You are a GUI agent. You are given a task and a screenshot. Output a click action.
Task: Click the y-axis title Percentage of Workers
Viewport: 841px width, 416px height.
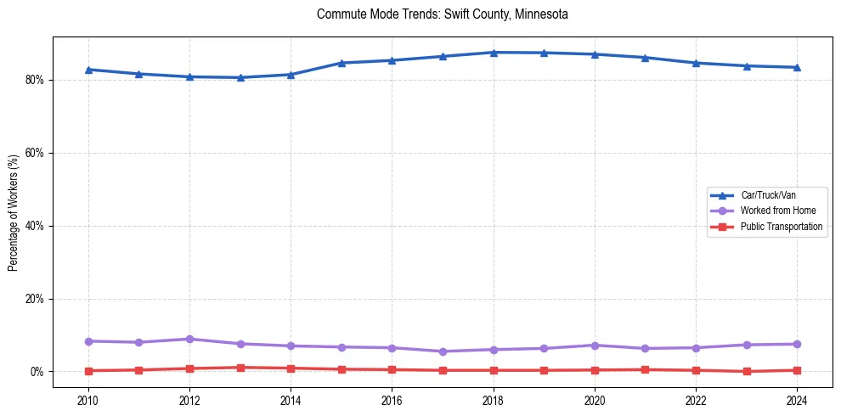pos(14,213)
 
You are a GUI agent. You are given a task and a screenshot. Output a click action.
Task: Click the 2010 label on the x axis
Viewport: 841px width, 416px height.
pos(88,400)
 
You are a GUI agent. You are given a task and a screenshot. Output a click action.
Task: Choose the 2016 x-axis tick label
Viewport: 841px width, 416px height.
pos(392,400)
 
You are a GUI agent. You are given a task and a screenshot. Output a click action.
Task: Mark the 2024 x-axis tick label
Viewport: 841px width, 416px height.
pos(797,400)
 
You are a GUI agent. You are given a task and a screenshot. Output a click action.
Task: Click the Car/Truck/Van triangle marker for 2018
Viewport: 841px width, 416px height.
pos(494,53)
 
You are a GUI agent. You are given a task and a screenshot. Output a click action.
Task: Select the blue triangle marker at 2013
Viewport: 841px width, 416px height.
pos(240,77)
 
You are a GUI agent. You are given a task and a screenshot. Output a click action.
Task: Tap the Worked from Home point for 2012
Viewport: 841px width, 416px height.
pos(189,339)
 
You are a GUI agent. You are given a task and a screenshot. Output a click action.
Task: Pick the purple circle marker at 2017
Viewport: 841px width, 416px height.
pos(443,351)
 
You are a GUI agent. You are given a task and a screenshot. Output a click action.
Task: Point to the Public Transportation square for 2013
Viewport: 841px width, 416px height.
pos(240,368)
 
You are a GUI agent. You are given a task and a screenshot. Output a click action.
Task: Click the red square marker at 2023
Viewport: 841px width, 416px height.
pos(747,371)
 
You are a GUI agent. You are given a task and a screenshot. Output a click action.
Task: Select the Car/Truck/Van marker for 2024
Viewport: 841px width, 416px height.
pos(797,67)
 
